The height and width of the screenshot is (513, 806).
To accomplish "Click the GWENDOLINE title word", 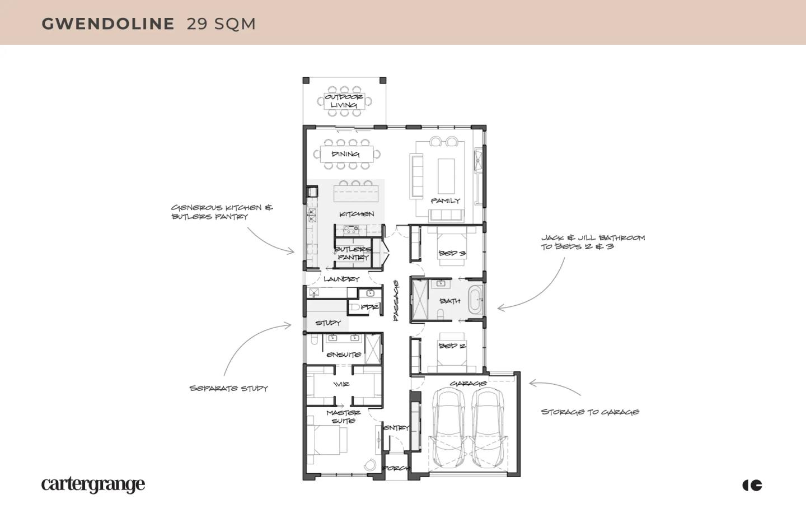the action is pos(108,24).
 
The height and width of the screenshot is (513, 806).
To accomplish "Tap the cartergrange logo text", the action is pos(93,484).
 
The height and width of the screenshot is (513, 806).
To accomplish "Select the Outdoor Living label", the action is pos(344,101).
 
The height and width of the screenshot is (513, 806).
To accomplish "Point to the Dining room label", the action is pos(345,154).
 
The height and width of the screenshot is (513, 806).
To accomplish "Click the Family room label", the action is pos(446,200).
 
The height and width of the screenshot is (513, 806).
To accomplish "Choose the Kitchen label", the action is pos(357,214).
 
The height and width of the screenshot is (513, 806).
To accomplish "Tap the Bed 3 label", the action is pos(452,253).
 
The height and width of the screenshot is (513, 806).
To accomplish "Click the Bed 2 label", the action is pos(452,346).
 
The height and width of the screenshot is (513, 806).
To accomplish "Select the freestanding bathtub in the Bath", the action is pos(475,300).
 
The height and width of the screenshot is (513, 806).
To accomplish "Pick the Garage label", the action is pos(468,384).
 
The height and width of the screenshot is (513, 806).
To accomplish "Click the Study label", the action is pos(328,323).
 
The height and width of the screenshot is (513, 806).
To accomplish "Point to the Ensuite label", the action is pos(344,355).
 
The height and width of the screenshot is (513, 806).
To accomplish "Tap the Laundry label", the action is pos(341,279).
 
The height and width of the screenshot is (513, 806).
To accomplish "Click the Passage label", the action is pos(396,301).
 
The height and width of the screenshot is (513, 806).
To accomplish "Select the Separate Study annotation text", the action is pos(228,388).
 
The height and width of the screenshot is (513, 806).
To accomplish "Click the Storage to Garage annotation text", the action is pos(590,412).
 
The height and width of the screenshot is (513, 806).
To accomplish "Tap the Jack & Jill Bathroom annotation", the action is pos(593,242).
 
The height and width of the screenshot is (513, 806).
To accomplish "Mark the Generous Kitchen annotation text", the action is pos(222,212).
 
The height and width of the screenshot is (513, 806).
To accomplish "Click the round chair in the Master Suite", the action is pos(369,465).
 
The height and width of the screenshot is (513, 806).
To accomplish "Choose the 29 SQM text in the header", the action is pos(221,24).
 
